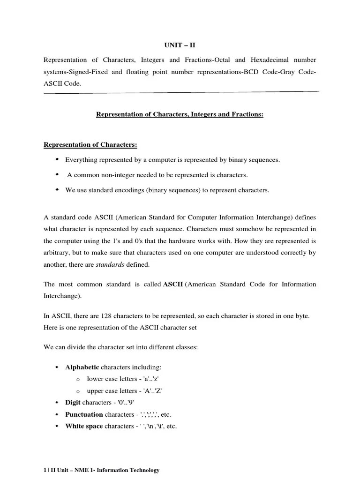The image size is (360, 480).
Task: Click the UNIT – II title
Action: (180, 45)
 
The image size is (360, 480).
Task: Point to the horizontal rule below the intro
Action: (181, 92)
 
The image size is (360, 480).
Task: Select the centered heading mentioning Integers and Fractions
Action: (180, 114)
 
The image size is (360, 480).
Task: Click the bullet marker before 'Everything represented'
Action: (57, 159)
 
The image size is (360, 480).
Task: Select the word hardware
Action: (241, 241)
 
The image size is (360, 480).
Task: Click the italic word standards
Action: (110, 264)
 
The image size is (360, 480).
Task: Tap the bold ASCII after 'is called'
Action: (172, 285)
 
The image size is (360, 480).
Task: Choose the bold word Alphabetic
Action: (82, 367)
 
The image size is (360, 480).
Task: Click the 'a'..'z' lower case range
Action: (150, 379)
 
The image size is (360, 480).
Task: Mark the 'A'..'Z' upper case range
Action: (152, 390)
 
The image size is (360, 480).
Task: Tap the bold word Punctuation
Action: (84, 414)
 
